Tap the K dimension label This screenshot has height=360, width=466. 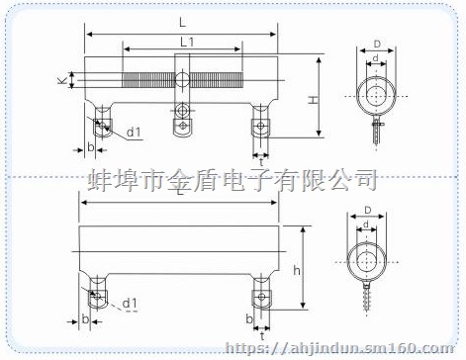[60, 80]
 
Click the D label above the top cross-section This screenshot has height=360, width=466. [376, 45]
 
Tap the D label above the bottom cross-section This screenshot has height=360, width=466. [366, 210]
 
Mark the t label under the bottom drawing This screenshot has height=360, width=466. [260, 336]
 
